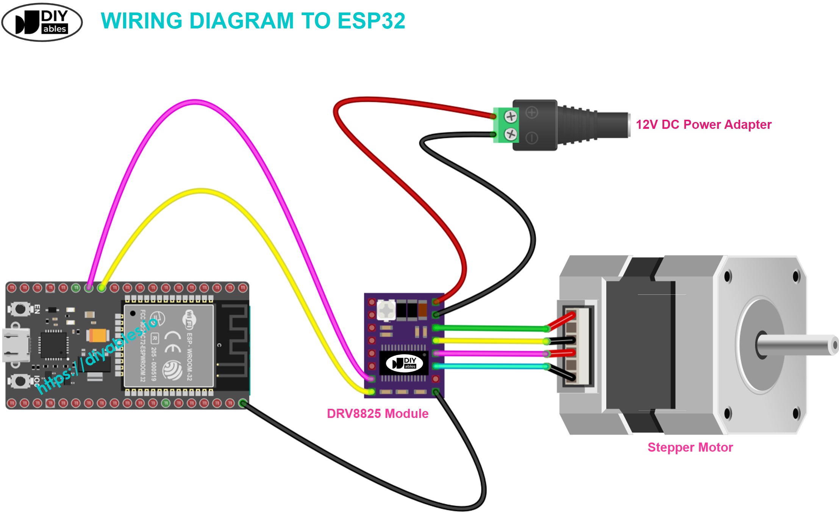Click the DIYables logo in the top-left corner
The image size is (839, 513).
(42, 22)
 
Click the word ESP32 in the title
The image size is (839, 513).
(371, 21)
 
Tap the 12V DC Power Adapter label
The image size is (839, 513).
(703, 125)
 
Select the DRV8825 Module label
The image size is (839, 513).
(378, 413)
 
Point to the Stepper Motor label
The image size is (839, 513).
(690, 447)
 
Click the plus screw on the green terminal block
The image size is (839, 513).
(511, 116)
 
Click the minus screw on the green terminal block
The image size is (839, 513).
(511, 134)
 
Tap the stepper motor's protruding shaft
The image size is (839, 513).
(799, 345)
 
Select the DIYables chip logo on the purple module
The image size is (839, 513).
(404, 363)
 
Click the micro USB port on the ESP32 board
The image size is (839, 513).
(16, 345)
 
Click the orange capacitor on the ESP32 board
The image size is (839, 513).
(98, 335)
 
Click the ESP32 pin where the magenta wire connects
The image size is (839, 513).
(89, 288)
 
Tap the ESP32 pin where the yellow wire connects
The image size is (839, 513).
(102, 288)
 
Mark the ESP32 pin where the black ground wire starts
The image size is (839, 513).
(243, 403)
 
